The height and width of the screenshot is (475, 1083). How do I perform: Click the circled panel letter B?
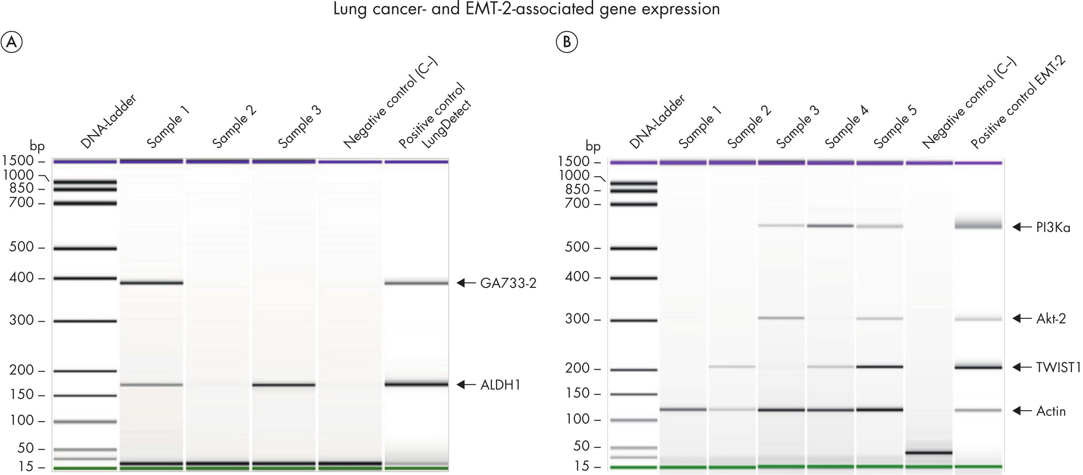coord(566,42)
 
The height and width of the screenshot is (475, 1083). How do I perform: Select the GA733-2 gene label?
coord(508,283)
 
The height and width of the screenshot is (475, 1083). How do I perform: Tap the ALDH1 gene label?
coord(500,385)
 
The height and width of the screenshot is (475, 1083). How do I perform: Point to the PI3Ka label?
coord(1053,228)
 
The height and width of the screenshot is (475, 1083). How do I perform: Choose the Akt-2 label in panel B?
coord(1051,318)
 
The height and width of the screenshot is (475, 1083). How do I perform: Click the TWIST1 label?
coord(1058,367)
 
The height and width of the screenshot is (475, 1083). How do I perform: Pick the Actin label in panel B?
coord(1051,411)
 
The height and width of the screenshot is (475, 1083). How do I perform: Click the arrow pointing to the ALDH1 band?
coord(467,384)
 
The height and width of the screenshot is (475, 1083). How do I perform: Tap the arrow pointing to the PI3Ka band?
coord(1022,227)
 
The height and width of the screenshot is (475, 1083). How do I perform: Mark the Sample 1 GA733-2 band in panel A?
coord(151,282)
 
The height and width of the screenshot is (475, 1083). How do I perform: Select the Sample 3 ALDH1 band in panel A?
coord(283,385)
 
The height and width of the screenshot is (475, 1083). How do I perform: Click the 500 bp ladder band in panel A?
coord(85,249)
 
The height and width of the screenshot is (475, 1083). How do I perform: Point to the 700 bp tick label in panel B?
coord(578,204)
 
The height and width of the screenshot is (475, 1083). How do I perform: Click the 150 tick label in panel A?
coord(22,395)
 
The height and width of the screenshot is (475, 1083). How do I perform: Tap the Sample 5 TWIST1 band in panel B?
coord(879,367)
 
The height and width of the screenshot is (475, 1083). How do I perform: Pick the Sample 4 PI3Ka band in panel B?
coord(830,226)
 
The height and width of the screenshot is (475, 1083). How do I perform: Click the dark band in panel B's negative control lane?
coord(929,453)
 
